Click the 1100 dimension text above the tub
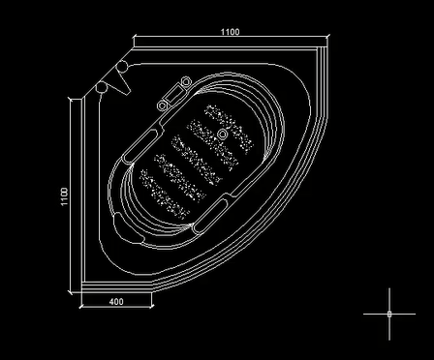[x=231, y=32]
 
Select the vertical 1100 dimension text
[x=64, y=196]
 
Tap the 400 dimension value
[x=116, y=302]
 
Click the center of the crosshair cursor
[x=389, y=314]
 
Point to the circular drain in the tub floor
[x=222, y=135]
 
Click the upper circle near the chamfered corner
[x=122, y=66]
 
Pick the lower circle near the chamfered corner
[x=101, y=87]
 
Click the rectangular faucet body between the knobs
[x=176, y=93]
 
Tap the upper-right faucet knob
[x=186, y=81]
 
